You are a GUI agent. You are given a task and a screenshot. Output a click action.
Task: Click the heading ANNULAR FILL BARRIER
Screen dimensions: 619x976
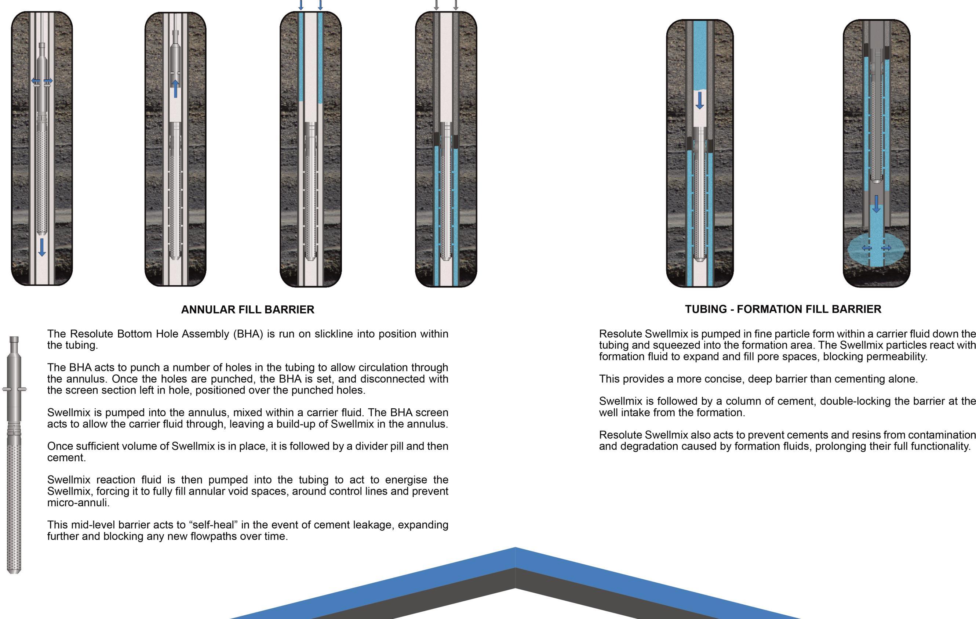(x=247, y=309)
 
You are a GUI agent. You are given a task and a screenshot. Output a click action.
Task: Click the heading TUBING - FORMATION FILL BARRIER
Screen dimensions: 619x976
(x=783, y=309)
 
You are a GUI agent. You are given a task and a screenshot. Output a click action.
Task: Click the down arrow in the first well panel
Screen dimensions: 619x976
(x=42, y=247)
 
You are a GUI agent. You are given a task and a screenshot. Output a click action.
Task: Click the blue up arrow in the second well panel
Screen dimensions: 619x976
(x=175, y=88)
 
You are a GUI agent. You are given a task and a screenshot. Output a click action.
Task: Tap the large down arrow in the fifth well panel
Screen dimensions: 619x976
(x=700, y=100)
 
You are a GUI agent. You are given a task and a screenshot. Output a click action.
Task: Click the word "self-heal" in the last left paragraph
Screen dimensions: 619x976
(x=216, y=525)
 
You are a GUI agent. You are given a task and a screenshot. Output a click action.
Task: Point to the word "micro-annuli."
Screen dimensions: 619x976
(x=78, y=503)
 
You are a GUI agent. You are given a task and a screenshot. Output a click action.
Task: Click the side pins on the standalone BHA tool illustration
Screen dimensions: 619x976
(x=14, y=390)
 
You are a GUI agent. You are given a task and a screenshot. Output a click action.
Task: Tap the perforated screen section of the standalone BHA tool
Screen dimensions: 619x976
(x=14, y=507)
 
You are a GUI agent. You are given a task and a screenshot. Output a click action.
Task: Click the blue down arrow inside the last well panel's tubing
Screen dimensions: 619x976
(x=876, y=204)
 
